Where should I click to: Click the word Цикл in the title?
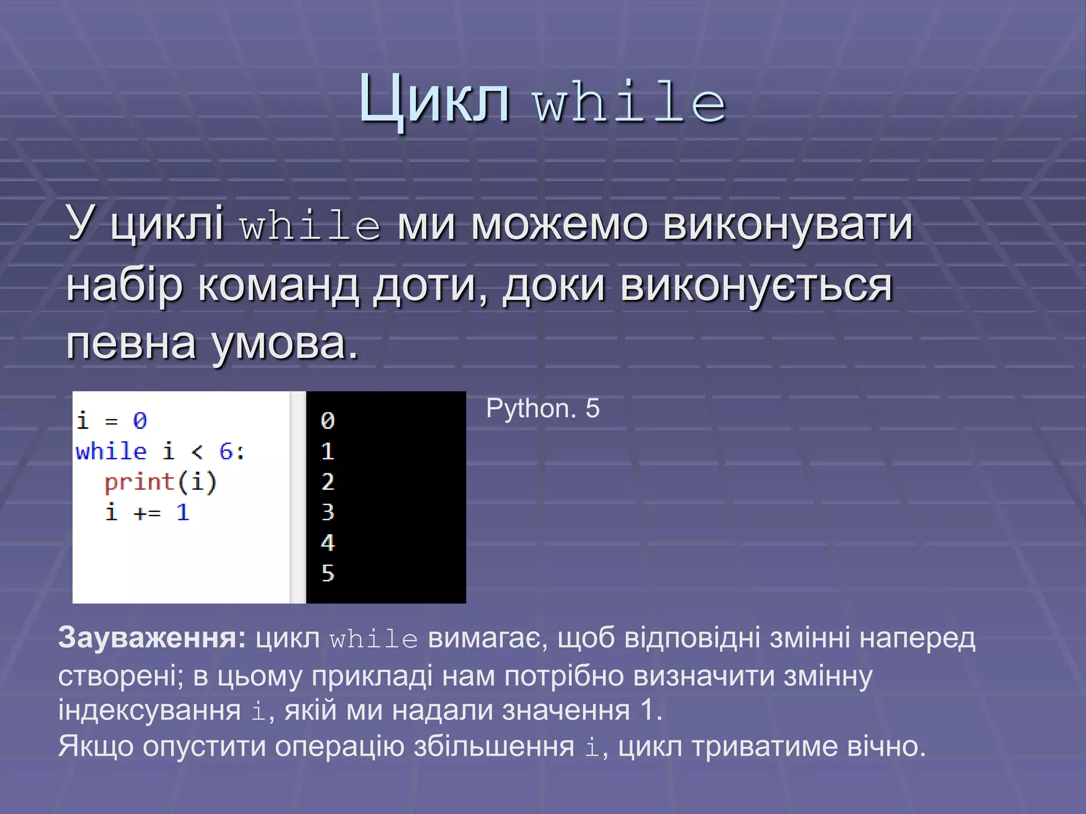[x=434, y=100]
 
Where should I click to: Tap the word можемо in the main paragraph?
[x=559, y=224]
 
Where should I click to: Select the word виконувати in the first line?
[x=788, y=224]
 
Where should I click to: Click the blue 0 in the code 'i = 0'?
[x=139, y=421]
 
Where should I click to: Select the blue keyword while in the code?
[x=111, y=452]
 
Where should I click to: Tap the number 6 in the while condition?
[x=226, y=452]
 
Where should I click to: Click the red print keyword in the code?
[x=139, y=482]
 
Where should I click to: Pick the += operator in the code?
[x=147, y=512]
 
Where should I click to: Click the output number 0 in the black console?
[x=328, y=421]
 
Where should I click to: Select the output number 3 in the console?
[x=328, y=512]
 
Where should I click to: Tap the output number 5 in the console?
[x=328, y=573]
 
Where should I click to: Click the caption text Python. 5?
[x=542, y=409]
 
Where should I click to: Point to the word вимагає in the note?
[x=484, y=638]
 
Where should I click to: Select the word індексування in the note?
[x=149, y=710]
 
